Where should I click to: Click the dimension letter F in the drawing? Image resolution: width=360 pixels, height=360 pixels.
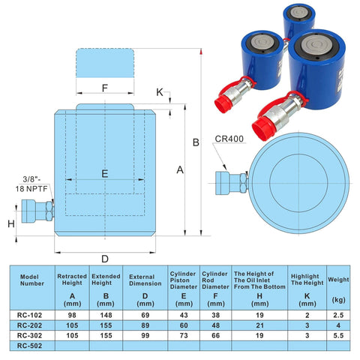[105, 88]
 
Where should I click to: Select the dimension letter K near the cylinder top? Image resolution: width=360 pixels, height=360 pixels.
[159, 91]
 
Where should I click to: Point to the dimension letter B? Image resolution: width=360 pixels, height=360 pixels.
[195, 142]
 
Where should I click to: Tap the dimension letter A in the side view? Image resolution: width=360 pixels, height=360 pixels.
[180, 170]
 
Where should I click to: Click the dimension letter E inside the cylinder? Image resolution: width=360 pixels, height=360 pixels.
[105, 173]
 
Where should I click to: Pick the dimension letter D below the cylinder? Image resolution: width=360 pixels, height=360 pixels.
[105, 259]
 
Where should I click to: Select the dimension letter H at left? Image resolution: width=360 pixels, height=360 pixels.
[10, 223]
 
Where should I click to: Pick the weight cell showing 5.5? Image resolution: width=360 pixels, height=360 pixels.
[338, 336]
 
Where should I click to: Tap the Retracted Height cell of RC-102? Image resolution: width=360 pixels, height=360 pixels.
[73, 315]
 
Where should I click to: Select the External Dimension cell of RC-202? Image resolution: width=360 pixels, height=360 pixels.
[145, 325]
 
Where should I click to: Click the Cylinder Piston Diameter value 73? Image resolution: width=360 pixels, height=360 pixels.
[182, 336]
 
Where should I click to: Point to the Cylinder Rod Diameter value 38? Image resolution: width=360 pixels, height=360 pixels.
[216, 315]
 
